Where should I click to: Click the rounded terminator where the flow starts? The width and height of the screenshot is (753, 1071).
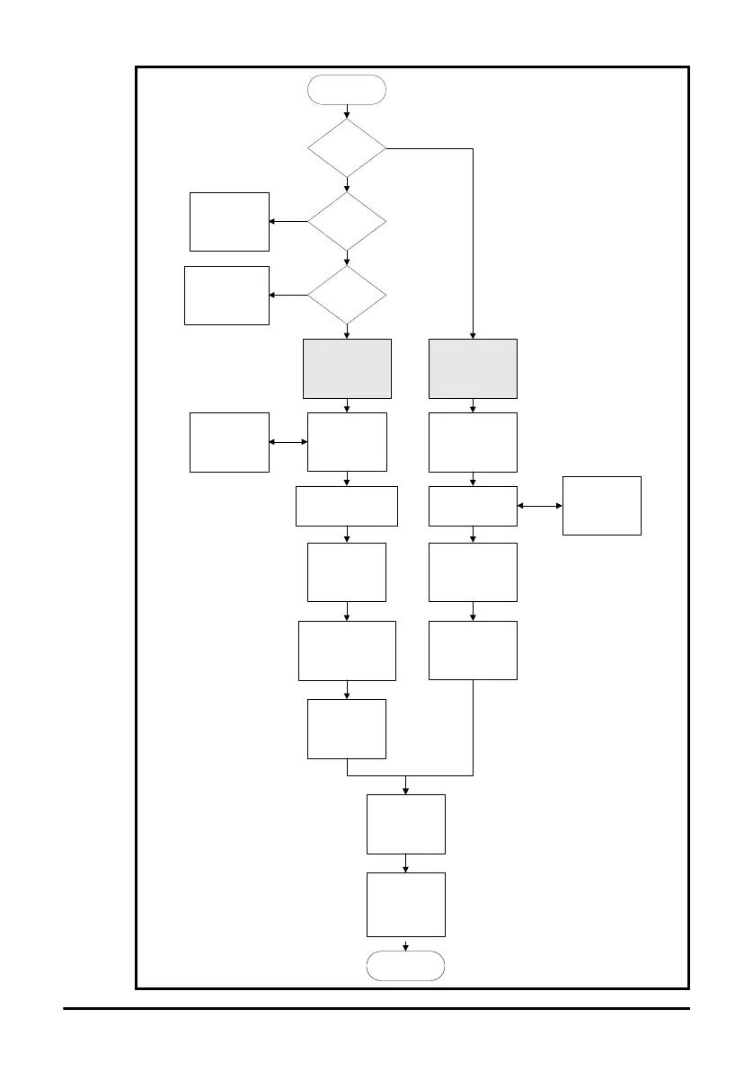[x=347, y=91]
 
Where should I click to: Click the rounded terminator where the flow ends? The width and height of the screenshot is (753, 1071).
[x=406, y=965]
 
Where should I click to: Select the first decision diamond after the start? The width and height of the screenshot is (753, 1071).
[x=347, y=148]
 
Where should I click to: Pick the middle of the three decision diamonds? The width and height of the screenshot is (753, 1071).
[x=347, y=221]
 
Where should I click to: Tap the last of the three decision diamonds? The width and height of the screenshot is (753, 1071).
[x=347, y=295]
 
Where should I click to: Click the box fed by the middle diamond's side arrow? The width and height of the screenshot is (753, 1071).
[x=229, y=221]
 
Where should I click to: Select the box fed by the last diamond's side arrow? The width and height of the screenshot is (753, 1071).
[x=226, y=295]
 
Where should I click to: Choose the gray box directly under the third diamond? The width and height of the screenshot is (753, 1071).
[x=347, y=368]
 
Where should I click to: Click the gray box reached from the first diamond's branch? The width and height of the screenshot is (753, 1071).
[x=473, y=368]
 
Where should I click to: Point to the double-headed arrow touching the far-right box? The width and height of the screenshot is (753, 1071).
[x=539, y=506]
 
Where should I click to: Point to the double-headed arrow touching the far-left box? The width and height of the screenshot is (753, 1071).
[x=288, y=442]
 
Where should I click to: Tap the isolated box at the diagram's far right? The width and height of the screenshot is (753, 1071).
[x=601, y=506]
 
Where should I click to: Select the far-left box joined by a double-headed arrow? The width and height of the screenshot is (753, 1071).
[x=229, y=442]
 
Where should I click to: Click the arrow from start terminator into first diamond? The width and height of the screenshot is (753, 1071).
[x=347, y=112]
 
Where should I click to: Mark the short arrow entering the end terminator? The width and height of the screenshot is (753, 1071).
[x=406, y=944]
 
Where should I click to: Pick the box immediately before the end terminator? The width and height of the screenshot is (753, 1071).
[x=406, y=905]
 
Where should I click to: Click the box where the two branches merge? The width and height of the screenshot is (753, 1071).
[x=406, y=824]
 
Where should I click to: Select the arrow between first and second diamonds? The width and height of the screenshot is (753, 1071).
[x=347, y=184]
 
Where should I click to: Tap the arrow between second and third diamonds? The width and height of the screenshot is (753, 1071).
[x=347, y=258]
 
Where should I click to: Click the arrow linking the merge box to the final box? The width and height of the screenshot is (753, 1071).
[x=406, y=863]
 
